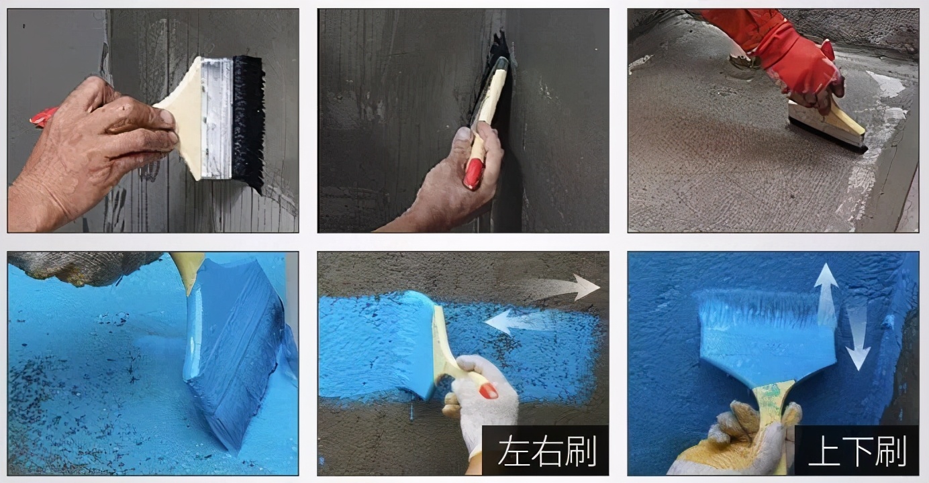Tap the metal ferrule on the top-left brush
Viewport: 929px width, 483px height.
coord(216,119)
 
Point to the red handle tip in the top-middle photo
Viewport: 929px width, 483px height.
coord(473,174)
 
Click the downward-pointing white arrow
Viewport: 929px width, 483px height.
coord(857,339)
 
